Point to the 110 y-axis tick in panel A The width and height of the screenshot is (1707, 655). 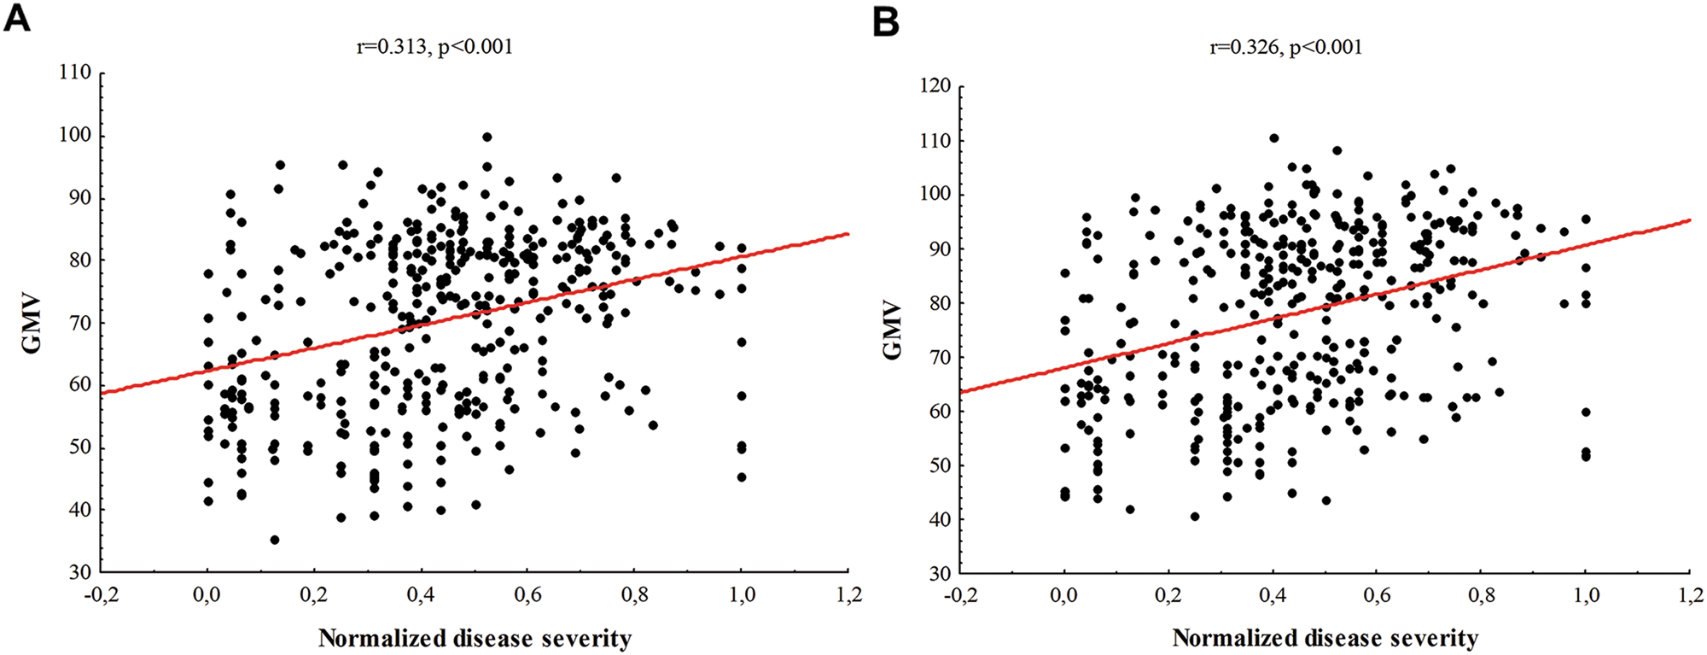(x=75, y=73)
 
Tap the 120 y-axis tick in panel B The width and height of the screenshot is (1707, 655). (x=934, y=86)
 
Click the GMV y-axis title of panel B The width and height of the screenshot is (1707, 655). (x=893, y=330)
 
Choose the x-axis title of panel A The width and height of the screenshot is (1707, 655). (x=475, y=638)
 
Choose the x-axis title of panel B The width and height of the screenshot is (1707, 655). (x=1325, y=638)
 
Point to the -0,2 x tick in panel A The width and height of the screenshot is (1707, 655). (x=101, y=595)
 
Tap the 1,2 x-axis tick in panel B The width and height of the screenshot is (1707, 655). (x=1691, y=595)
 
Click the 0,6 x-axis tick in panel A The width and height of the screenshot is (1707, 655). (x=527, y=595)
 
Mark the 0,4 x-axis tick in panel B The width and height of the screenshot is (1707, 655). (x=1273, y=595)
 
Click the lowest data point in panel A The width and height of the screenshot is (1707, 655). (x=274, y=540)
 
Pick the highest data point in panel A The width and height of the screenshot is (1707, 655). (x=486, y=137)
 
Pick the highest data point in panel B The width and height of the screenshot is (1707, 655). (x=1273, y=137)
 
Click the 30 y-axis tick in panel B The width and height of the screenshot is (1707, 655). (x=940, y=573)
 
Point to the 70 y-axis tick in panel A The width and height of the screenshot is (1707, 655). (x=80, y=323)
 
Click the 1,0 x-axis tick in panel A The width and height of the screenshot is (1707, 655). (x=741, y=595)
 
